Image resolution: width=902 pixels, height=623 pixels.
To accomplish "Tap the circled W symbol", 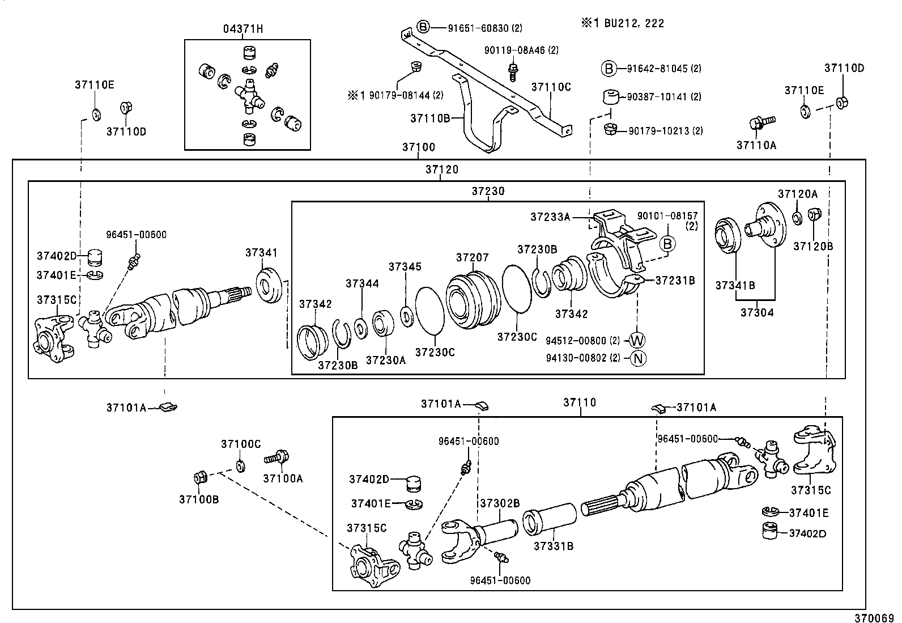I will [637, 340].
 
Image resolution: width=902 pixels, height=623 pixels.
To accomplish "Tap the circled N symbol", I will [638, 358].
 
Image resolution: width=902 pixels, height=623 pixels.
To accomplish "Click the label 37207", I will [472, 257].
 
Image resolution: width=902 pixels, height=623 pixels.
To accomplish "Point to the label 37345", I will [405, 266].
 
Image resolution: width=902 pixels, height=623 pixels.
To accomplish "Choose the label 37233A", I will [550, 217].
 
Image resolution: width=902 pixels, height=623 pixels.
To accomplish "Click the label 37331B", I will [554, 546].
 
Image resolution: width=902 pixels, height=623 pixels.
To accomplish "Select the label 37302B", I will [500, 503].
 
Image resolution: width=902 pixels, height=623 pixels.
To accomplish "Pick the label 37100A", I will [283, 478].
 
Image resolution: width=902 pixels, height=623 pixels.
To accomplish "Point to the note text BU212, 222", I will [632, 23].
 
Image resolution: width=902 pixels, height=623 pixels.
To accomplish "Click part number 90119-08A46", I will [514, 50].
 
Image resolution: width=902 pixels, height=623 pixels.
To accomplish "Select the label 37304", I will [756, 312].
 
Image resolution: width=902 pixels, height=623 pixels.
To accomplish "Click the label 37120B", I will [813, 246].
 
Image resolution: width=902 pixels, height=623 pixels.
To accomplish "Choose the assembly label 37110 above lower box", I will [580, 402].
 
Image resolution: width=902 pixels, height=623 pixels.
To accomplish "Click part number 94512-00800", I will [576, 341].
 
